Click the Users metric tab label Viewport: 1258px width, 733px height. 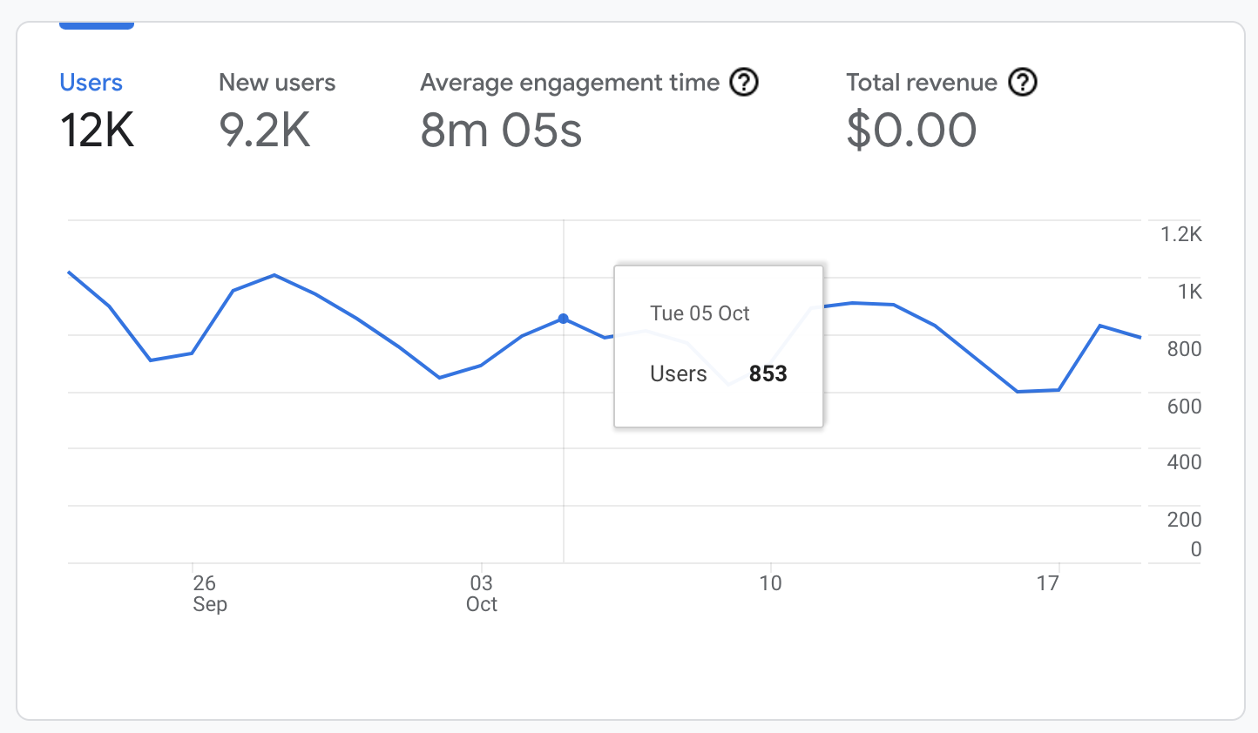tap(91, 83)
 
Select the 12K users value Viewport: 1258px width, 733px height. tap(97, 131)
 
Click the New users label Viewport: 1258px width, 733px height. tap(276, 83)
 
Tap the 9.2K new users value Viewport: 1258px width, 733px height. tap(264, 131)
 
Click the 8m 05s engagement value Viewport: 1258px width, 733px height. tap(500, 131)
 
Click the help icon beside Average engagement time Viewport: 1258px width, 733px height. tap(744, 83)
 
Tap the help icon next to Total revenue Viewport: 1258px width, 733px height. tap(1023, 83)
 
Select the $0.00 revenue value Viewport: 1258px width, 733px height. tap(910, 131)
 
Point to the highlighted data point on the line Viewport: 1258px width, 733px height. tap(564, 319)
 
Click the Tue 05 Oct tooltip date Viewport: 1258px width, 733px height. tap(700, 313)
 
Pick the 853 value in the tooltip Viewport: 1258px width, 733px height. tap(768, 373)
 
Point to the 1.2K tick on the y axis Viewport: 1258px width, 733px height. tap(1180, 234)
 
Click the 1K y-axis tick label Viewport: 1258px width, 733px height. tap(1189, 292)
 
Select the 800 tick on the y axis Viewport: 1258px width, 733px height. tap(1184, 349)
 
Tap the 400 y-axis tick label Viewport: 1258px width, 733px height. tap(1184, 462)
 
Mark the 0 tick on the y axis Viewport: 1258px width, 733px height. tap(1195, 549)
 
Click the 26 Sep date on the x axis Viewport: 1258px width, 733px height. tap(207, 593)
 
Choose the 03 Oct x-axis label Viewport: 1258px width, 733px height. tap(481, 593)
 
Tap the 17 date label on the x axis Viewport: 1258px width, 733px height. tap(1047, 583)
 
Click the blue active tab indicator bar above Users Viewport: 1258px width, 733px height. tap(96, 26)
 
